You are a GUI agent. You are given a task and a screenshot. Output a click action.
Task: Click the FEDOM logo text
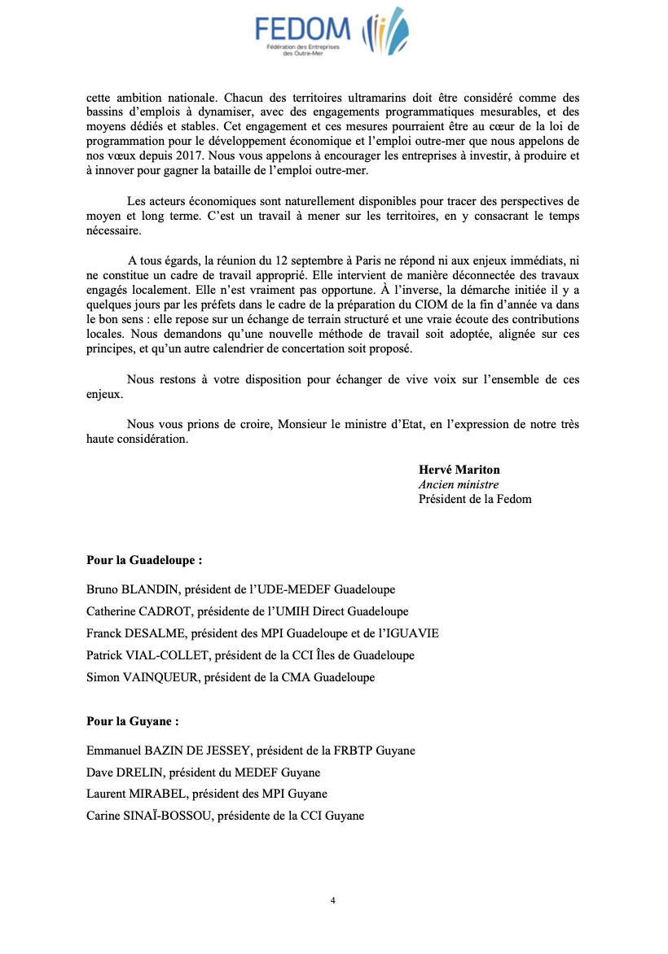point(302,30)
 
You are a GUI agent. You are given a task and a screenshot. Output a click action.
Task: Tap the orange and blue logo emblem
point(387,32)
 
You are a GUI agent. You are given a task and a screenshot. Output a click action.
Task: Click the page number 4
point(333,900)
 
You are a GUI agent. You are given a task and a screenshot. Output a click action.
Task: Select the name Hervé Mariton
point(459,470)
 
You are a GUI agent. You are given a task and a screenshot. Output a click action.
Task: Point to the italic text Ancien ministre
point(458,484)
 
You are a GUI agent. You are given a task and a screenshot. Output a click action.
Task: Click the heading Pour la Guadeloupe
point(144,561)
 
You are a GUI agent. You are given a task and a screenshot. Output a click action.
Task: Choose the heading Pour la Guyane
point(132,721)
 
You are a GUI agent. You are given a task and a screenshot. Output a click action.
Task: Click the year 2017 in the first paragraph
point(187,155)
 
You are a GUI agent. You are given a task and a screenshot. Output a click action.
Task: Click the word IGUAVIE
point(415,633)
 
